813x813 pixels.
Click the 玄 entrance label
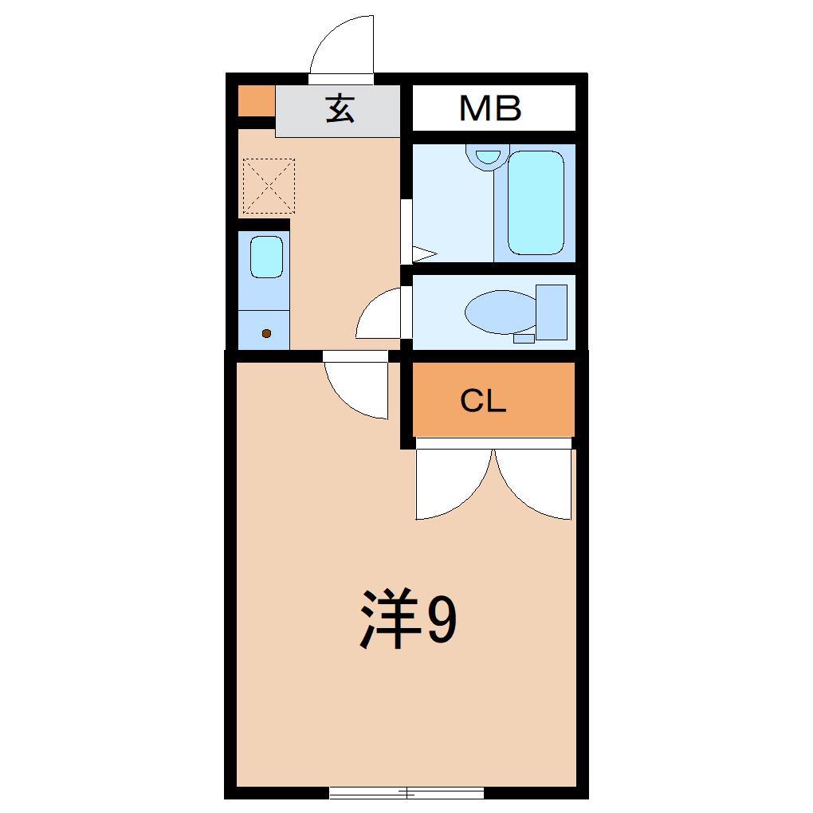(x=340, y=109)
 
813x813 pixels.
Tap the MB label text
(x=490, y=108)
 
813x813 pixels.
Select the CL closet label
(x=483, y=402)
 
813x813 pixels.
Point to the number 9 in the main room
(x=442, y=621)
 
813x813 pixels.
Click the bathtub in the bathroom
(x=536, y=202)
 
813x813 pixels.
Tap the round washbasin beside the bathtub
(x=487, y=156)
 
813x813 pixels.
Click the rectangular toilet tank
(x=552, y=311)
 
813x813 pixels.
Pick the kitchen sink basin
(x=266, y=257)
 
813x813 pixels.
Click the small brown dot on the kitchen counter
(x=266, y=333)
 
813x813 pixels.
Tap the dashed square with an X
(x=269, y=187)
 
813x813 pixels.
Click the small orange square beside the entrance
(x=256, y=100)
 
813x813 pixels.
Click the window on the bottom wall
(x=406, y=792)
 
